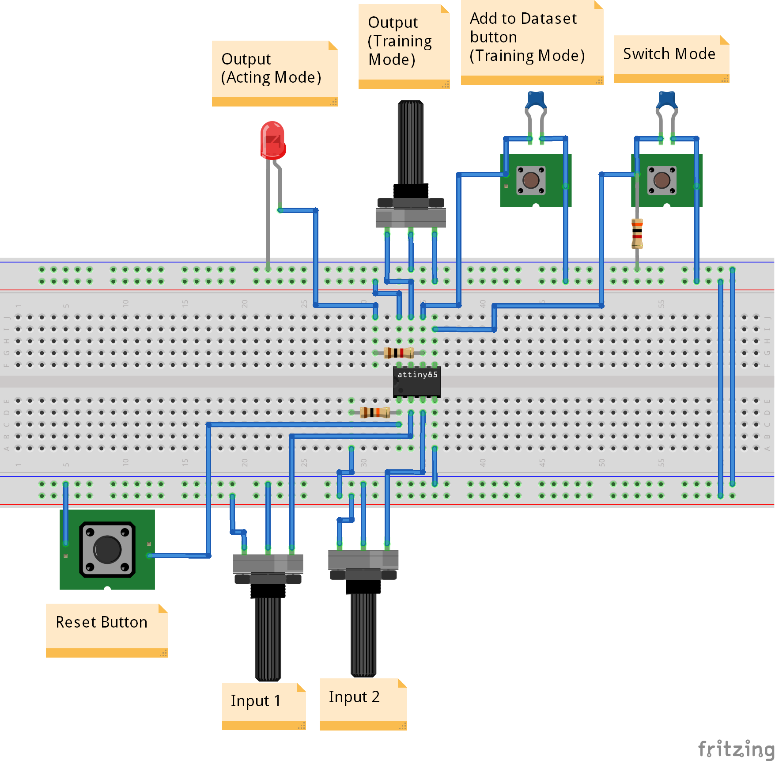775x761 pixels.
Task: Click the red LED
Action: (x=273, y=141)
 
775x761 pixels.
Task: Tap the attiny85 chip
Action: (x=416, y=382)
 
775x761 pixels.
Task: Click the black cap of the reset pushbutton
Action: (x=107, y=549)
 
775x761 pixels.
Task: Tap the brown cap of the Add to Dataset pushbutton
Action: (x=531, y=180)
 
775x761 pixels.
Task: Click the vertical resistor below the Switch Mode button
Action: (x=637, y=233)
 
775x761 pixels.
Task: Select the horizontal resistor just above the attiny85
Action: (x=398, y=353)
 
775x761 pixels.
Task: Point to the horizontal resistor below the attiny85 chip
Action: (x=374, y=412)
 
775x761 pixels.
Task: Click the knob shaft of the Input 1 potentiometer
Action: (x=268, y=636)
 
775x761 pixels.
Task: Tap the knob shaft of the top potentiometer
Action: (x=411, y=141)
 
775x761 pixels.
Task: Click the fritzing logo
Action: (x=735, y=749)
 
